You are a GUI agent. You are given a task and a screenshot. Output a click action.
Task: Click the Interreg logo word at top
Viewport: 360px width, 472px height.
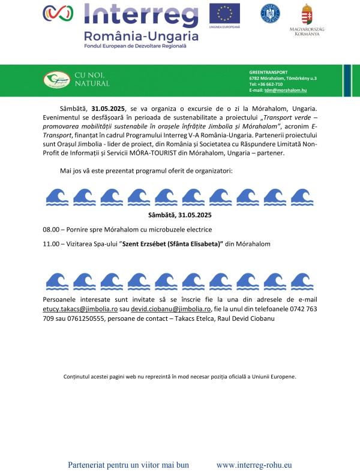[142, 13]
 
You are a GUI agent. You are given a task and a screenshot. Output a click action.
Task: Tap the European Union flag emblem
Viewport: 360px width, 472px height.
[224, 14]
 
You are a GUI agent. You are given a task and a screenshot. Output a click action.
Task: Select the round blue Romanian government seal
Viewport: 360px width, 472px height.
[270, 13]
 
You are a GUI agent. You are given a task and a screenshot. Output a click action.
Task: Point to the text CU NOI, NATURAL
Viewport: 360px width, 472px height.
[92, 79]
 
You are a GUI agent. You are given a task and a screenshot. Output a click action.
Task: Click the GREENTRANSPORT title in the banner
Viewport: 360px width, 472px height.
[268, 72]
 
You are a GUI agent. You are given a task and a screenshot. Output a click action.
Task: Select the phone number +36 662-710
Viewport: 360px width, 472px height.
[266, 84]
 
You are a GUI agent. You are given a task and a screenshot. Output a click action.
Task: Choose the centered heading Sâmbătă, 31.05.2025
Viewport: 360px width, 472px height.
[180, 215]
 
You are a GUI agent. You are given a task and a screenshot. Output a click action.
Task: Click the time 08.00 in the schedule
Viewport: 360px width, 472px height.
[50, 230]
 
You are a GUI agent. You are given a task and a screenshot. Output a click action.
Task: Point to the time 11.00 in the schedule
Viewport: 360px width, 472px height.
[50, 244]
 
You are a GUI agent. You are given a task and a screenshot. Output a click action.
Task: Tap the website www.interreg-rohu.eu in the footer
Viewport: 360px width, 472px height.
[254, 464]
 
